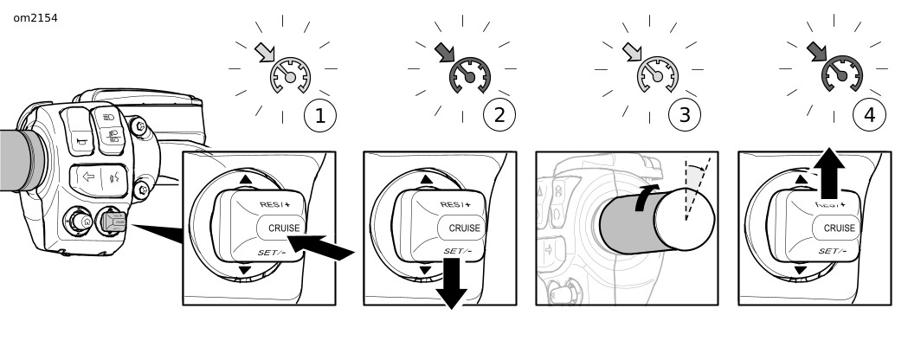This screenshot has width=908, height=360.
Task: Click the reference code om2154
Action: coord(35,17)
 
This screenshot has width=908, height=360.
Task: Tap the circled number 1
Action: coord(319,116)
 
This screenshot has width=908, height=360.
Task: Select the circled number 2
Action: coord(499,116)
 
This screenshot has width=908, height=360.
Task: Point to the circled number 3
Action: coord(684,116)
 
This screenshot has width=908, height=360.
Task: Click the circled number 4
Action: coord(868,116)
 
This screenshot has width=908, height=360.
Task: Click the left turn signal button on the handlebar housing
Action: coord(87,177)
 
